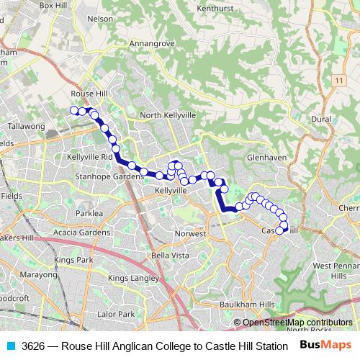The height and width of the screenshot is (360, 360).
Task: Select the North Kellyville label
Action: (x=168, y=115)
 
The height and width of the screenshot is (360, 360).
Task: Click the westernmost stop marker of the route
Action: (x=73, y=110)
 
